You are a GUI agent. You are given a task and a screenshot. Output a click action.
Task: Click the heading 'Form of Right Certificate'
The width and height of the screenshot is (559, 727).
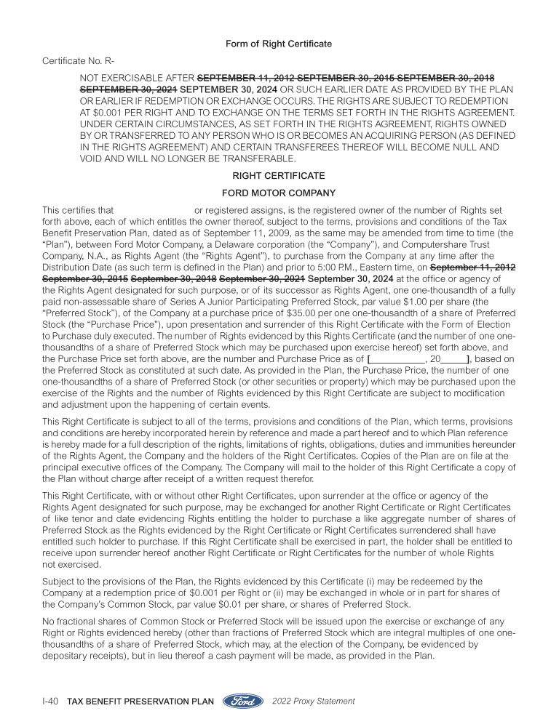(x=279, y=44)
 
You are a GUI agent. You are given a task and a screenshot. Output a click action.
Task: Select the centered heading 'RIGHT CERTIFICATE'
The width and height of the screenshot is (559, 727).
(x=279, y=176)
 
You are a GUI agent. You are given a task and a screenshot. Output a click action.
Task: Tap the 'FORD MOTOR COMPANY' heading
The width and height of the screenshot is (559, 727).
(x=279, y=193)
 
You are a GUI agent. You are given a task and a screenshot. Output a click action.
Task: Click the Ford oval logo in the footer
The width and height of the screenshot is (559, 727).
(x=243, y=702)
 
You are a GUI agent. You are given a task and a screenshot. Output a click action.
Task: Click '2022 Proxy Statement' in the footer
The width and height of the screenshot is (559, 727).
(x=313, y=702)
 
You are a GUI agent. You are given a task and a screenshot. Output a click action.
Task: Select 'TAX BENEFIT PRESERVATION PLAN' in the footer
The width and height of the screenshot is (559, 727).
(x=140, y=702)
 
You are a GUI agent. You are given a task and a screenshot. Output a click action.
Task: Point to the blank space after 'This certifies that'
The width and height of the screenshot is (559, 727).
(x=153, y=211)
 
